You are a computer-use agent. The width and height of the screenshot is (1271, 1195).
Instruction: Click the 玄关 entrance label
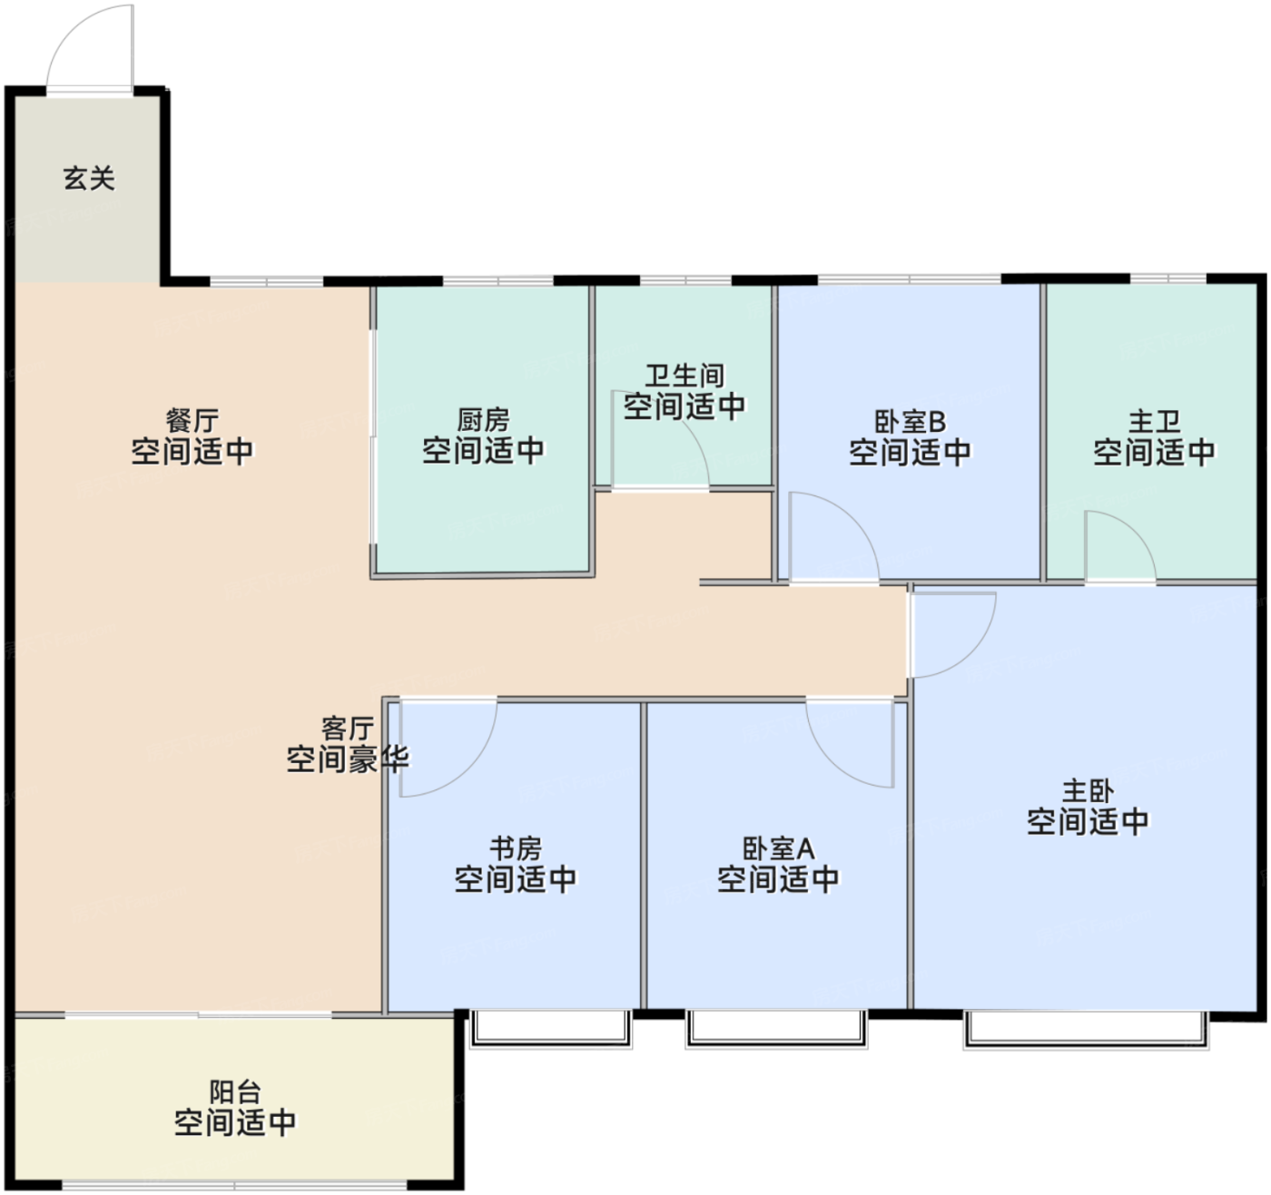89,179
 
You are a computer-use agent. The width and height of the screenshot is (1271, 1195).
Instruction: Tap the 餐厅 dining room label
192,421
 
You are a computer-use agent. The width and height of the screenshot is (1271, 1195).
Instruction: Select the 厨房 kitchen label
483,421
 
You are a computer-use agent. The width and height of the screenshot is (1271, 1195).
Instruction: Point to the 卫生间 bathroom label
685,376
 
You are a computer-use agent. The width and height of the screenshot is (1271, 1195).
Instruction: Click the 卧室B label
910,422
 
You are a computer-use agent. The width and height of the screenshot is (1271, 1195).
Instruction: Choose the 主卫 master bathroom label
1154,422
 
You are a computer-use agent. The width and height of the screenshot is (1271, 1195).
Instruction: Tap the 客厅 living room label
348,729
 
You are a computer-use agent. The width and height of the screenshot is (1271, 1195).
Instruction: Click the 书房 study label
516,849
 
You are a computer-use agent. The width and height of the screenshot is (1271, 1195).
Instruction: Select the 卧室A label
778,849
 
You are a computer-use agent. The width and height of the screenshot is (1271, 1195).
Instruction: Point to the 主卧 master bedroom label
1088,791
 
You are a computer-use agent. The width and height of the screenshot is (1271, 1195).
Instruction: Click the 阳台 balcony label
235,1092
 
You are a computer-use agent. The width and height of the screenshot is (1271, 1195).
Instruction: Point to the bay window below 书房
551,1029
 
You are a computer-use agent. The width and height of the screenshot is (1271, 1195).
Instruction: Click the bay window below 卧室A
777,1029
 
